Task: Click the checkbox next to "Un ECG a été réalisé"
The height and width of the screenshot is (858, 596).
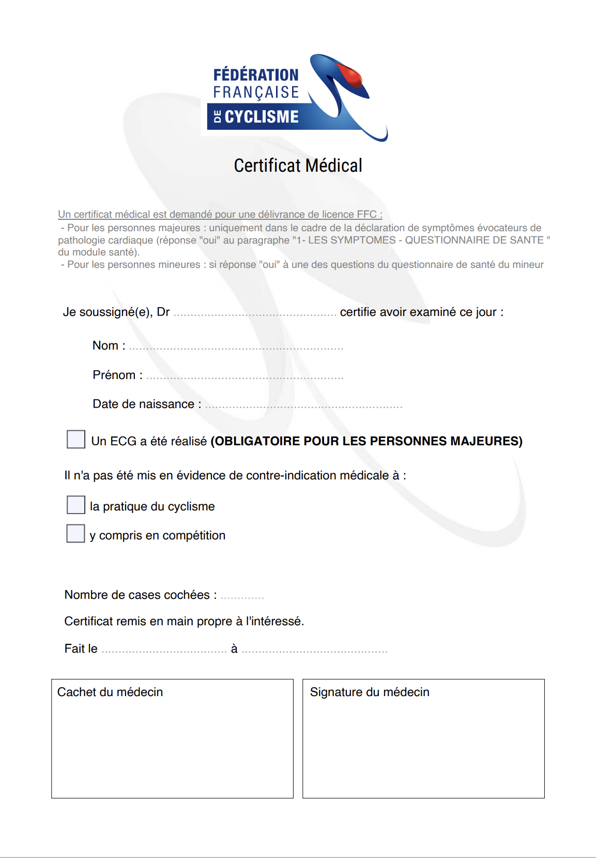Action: point(76,439)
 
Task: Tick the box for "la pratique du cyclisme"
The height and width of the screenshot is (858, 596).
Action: point(76,505)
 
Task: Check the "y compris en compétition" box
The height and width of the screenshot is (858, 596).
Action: point(75,533)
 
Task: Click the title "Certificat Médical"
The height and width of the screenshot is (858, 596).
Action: point(298,165)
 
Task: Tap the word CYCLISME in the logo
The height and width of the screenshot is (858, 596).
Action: point(262,117)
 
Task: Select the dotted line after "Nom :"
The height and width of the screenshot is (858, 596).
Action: point(236,348)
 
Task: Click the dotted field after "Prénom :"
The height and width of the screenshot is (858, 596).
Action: point(244,378)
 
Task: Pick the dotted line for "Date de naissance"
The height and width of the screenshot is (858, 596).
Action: point(303,407)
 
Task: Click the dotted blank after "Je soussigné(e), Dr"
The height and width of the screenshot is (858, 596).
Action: point(255,314)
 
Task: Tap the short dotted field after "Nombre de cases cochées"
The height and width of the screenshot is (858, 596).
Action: point(242,597)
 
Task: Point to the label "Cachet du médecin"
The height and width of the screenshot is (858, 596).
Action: point(110,692)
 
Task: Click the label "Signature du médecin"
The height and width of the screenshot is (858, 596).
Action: point(370,692)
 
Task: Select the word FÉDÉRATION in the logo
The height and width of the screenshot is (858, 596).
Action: point(256,75)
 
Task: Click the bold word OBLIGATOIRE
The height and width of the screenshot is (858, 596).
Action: point(256,441)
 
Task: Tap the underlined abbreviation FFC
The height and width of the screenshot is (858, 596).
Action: point(366,214)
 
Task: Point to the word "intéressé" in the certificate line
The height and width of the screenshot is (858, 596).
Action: point(274,621)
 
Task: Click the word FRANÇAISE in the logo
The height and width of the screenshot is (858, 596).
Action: point(256,93)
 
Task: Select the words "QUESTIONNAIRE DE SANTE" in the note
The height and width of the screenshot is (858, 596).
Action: point(474,240)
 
